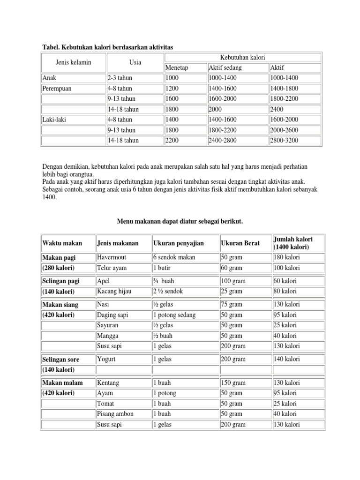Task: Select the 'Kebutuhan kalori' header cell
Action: click(x=242, y=57)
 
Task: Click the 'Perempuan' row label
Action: click(x=57, y=89)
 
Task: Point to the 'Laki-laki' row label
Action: click(x=54, y=120)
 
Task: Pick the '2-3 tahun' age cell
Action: click(x=120, y=78)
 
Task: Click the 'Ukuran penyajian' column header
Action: click(x=178, y=243)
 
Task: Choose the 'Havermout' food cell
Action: click(x=111, y=257)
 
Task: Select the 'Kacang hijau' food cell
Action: click(x=114, y=291)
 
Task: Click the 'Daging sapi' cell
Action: click(x=113, y=315)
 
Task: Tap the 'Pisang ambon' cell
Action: click(x=115, y=414)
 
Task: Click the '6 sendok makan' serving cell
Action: click(x=174, y=257)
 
